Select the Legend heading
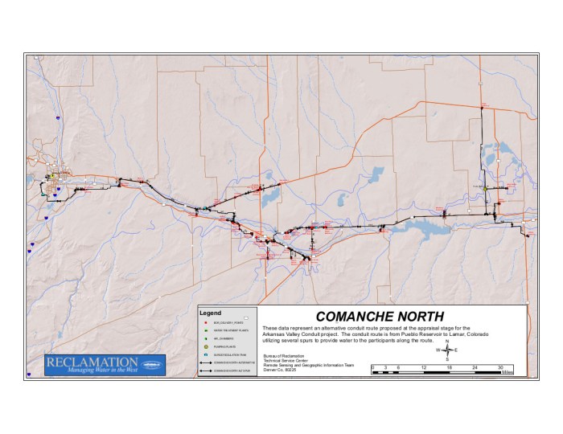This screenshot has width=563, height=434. click(x=210, y=311)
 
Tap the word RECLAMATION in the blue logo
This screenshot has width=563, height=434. click(x=95, y=362)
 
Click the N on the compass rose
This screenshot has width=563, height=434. click(x=446, y=342)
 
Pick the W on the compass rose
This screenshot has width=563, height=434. click(x=438, y=350)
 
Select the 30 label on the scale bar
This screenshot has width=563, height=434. click(x=501, y=367)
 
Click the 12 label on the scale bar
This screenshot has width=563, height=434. click(x=424, y=367)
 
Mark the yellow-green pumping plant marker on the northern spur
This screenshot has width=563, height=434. click(x=485, y=188)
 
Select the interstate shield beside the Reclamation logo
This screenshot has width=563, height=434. click(x=29, y=374)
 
